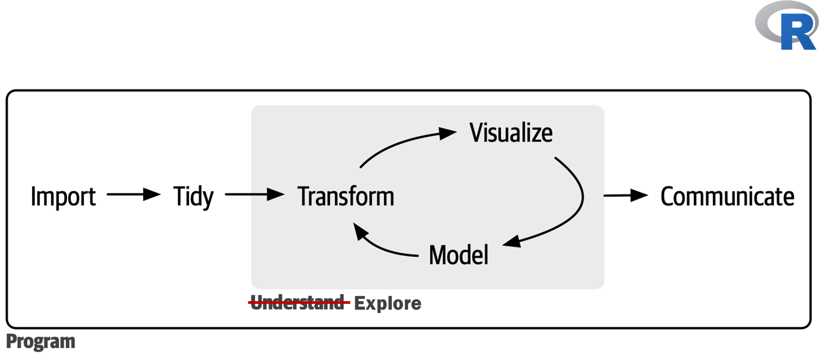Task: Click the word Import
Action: click(x=63, y=197)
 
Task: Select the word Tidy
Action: click(x=193, y=197)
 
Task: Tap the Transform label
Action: click(x=345, y=197)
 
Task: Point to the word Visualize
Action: click(x=511, y=133)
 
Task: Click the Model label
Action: click(x=459, y=255)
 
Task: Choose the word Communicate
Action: click(x=727, y=197)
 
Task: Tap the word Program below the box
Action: click(x=41, y=342)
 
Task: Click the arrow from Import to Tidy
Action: click(x=133, y=194)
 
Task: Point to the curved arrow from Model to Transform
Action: click(x=385, y=248)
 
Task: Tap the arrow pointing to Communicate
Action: click(x=625, y=195)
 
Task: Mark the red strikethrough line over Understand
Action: click(x=299, y=302)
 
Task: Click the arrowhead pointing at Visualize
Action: click(x=448, y=133)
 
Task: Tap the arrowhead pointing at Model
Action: click(x=512, y=241)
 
